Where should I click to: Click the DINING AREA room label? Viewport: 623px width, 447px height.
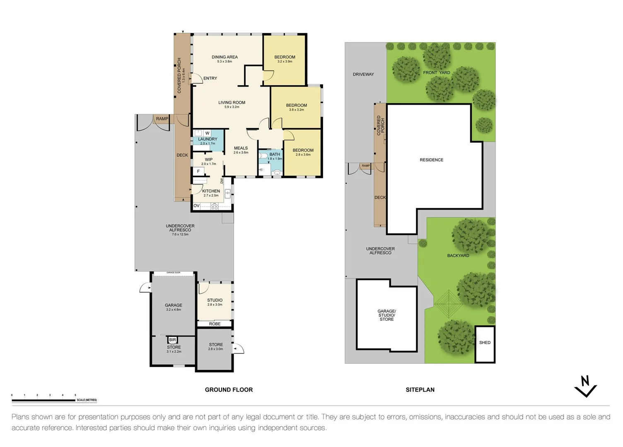coord(225,57)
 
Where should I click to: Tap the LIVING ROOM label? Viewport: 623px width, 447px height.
coord(232,103)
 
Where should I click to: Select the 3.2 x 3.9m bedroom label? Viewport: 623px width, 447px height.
coord(285,57)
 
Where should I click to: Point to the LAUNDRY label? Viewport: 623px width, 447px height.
coord(208,139)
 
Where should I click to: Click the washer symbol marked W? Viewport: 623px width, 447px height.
coord(207,133)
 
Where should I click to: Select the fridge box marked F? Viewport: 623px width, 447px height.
coord(198,171)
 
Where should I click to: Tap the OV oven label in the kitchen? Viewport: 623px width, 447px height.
coord(197,206)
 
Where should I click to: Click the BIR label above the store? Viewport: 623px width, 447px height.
coord(173,340)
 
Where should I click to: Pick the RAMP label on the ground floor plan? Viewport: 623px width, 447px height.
coord(162,119)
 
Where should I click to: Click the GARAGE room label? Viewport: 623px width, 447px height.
coord(174,305)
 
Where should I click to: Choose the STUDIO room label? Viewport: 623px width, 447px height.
coord(215,300)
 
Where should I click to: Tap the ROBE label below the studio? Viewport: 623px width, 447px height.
coord(215,324)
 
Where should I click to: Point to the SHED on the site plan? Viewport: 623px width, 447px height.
coord(485,343)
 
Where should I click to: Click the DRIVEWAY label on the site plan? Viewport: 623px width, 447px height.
coord(363,74)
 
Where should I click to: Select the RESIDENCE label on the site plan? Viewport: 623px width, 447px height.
coord(431,160)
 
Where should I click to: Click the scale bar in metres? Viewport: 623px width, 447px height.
coord(43,400)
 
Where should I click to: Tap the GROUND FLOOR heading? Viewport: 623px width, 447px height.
coord(229,389)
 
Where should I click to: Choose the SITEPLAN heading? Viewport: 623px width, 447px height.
coord(420,389)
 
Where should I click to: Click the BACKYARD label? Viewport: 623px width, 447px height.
coord(458,255)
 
